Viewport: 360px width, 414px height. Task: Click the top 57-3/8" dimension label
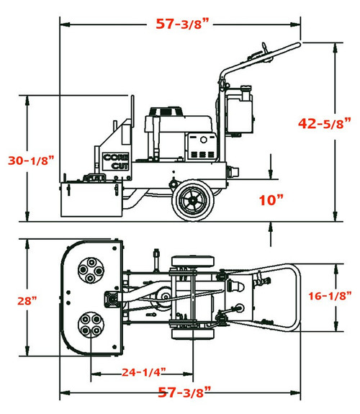[x=184, y=23]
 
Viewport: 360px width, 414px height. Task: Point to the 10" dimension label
[x=271, y=200]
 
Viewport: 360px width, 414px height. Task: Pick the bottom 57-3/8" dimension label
[x=184, y=392]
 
